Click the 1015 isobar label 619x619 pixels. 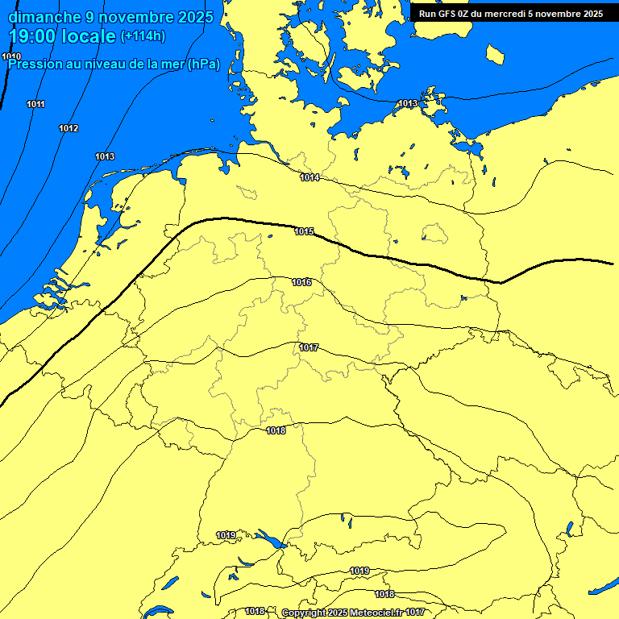click(304, 232)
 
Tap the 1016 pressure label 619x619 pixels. click(302, 283)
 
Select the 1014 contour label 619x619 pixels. click(309, 177)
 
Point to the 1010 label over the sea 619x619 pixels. click(11, 56)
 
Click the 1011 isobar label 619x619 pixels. click(35, 105)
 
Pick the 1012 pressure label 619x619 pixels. click(69, 129)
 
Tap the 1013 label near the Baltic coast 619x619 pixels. click(408, 104)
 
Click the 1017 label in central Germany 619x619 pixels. click(309, 348)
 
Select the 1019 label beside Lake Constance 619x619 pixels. click(226, 536)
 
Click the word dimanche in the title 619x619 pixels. click(45, 17)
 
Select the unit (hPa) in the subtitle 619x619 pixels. click(204, 64)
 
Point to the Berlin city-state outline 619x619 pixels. click(434, 234)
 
